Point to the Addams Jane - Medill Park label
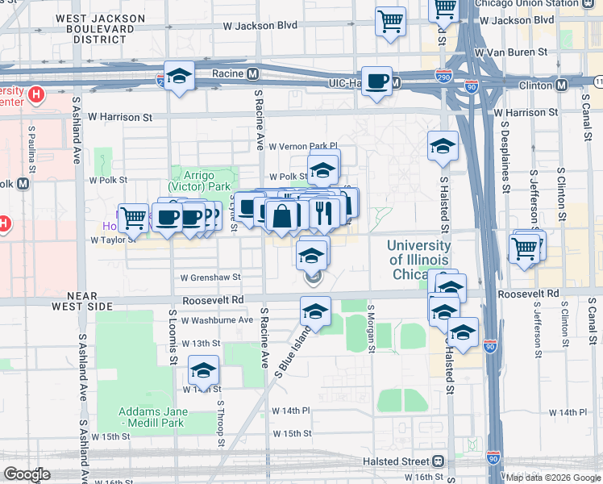point(153,417)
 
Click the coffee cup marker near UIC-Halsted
point(377,81)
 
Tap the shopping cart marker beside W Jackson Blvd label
point(391,21)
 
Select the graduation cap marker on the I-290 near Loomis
point(180,77)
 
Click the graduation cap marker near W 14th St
point(203,371)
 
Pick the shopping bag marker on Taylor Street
point(283,215)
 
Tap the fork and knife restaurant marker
point(321,212)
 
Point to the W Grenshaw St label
point(210,277)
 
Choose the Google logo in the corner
point(27,474)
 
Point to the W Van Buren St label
point(516,52)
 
